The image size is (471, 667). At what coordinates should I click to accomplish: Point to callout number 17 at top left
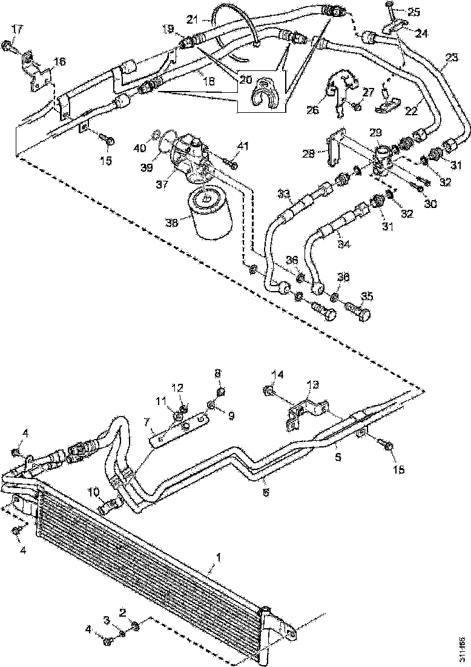[x=16, y=29]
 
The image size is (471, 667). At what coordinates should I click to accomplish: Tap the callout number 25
[x=413, y=12]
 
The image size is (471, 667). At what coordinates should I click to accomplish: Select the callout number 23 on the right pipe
[x=450, y=58]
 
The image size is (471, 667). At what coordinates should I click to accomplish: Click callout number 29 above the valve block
[x=375, y=132]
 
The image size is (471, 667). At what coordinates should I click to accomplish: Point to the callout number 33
[x=284, y=193]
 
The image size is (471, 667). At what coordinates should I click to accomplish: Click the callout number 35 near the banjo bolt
[x=367, y=297]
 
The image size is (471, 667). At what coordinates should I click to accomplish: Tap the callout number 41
[x=243, y=146]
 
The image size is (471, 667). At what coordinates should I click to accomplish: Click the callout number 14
[x=277, y=374]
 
